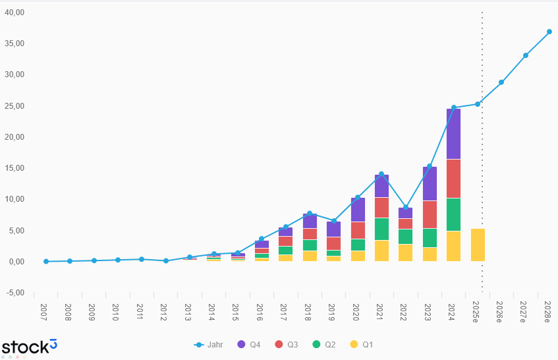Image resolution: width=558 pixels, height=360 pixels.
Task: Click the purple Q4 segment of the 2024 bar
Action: pyautogui.click(x=453, y=134)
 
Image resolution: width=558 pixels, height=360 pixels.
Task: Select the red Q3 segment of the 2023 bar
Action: pyautogui.click(x=430, y=214)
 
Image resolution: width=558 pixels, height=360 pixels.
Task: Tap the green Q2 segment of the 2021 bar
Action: pyautogui.click(x=381, y=229)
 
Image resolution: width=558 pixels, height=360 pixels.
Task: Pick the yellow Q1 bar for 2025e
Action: pyautogui.click(x=478, y=245)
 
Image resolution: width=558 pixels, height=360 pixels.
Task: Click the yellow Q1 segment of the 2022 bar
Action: pyautogui.click(x=405, y=253)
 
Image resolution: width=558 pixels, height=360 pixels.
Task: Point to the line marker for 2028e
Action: pyautogui.click(x=549, y=32)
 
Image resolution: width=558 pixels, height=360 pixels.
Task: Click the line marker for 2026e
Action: pyautogui.click(x=501, y=82)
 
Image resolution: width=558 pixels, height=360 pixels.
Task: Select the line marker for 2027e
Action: pyautogui.click(x=526, y=55)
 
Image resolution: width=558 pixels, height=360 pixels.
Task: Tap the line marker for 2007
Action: pyautogui.click(x=45, y=261)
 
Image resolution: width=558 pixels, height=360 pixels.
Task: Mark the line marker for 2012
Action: pyautogui.click(x=165, y=260)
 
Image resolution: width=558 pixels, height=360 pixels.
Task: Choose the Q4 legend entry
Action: pyautogui.click(x=248, y=344)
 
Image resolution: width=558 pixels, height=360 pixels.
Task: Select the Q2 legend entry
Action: pyautogui.click(x=325, y=344)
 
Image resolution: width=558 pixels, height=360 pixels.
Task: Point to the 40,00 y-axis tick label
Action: pyautogui.click(x=14, y=13)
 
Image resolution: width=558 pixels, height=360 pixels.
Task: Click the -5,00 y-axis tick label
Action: pyautogui.click(x=14, y=293)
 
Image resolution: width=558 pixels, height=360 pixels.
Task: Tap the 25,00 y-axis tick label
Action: pyautogui.click(x=14, y=106)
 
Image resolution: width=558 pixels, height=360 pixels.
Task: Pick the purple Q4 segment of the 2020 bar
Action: pyautogui.click(x=358, y=210)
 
